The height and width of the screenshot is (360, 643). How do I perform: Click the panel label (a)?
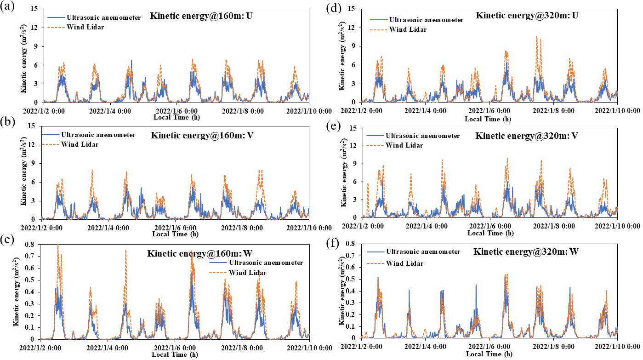pyautogui.click(x=7, y=8)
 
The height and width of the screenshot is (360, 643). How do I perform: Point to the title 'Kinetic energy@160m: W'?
pyautogui.click(x=191, y=253)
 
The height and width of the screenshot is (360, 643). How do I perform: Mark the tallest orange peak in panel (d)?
pyautogui.click(x=536, y=36)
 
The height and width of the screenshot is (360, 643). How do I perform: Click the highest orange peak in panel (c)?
pyautogui.click(x=57, y=245)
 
